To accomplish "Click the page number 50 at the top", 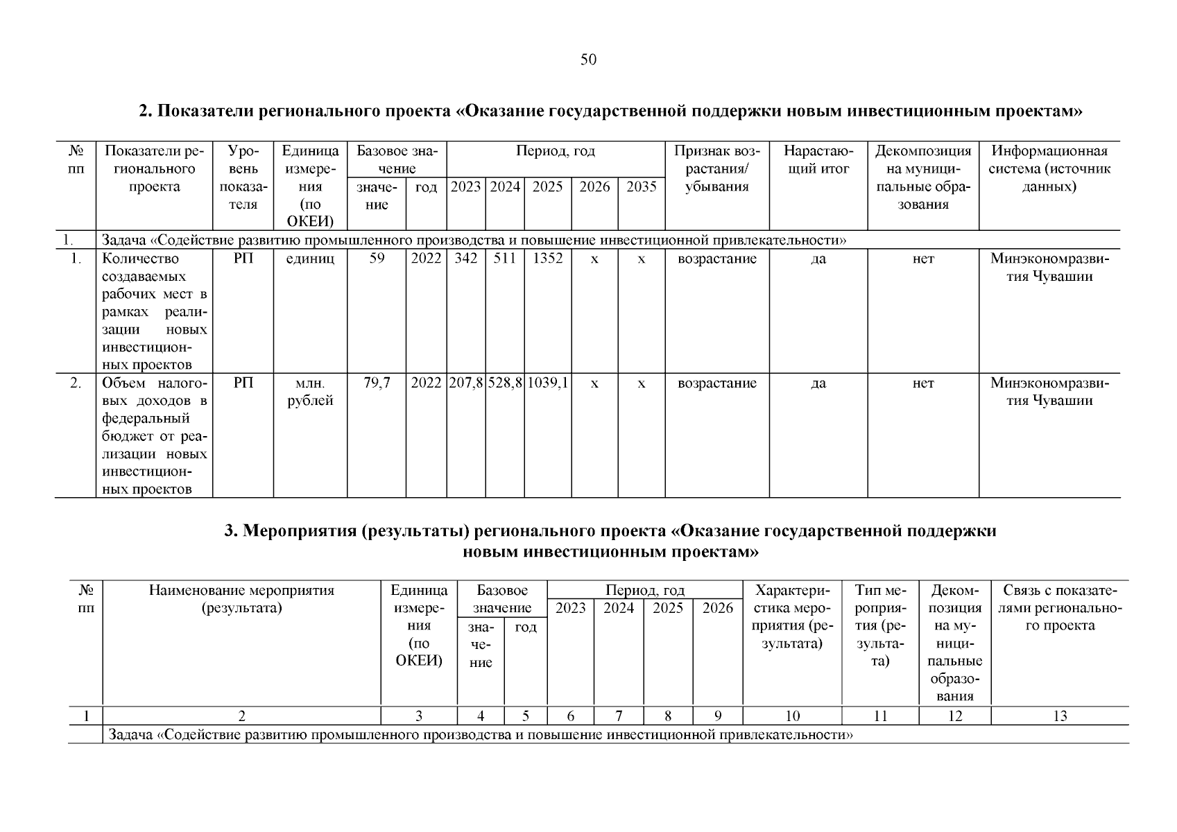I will [588, 60].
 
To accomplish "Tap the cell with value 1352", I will [547, 259].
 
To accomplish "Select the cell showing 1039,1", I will [548, 383].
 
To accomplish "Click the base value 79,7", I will [377, 383].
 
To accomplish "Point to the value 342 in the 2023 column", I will [465, 259].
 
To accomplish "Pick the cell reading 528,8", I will [505, 383].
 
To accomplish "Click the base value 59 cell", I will [377, 259].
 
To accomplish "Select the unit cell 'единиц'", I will [310, 259].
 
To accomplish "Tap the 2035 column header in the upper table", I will [641, 187].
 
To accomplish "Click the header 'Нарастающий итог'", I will [818, 160].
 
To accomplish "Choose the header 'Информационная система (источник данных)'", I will [1049, 168].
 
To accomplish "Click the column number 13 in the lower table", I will [1059, 716].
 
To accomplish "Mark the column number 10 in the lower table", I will [792, 716].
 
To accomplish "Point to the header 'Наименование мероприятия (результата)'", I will [241, 600].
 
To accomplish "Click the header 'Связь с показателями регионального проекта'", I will [1059, 608].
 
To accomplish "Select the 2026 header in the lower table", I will [717, 608].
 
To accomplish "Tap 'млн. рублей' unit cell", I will [310, 392].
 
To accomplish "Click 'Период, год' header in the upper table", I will [555, 151].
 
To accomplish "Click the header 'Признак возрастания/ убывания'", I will [716, 168].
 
